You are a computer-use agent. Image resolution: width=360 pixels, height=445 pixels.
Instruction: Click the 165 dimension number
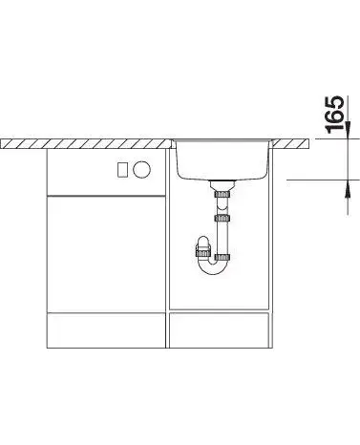tap(334, 115)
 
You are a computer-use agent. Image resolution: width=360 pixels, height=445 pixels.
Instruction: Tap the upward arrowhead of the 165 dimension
tap(348, 189)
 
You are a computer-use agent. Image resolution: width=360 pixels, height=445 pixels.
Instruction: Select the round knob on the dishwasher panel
tap(141, 169)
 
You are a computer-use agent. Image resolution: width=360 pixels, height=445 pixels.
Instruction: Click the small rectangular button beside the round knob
tap(123, 169)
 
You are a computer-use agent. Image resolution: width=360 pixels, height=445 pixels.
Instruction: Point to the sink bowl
tap(222, 159)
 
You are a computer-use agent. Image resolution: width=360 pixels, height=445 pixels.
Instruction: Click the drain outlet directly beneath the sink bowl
tap(222, 185)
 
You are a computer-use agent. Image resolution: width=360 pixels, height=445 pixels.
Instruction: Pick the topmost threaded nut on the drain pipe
tap(222, 194)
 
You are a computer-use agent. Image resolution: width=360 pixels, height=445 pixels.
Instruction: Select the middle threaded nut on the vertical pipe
tap(222, 218)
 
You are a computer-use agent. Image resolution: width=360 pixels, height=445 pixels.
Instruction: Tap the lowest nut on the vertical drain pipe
tap(222, 258)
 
